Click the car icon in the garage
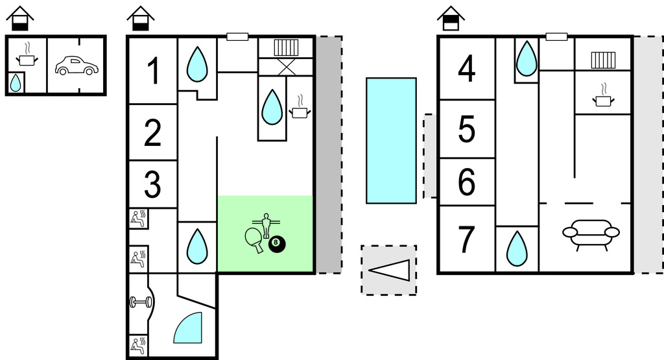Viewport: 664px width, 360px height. click(75, 66)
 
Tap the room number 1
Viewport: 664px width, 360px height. click(153, 71)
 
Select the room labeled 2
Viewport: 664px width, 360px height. click(153, 133)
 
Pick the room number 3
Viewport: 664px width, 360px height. click(153, 184)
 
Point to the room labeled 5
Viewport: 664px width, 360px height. click(467, 130)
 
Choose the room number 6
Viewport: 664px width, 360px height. click(467, 182)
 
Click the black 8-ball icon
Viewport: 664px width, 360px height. click(278, 245)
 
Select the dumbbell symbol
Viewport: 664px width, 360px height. click(140, 302)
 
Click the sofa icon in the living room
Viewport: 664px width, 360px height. click(590, 233)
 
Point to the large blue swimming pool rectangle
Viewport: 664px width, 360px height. click(391, 140)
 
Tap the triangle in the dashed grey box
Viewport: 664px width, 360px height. click(390, 270)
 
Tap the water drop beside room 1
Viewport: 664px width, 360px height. click(197, 64)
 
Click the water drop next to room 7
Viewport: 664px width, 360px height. click(517, 249)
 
